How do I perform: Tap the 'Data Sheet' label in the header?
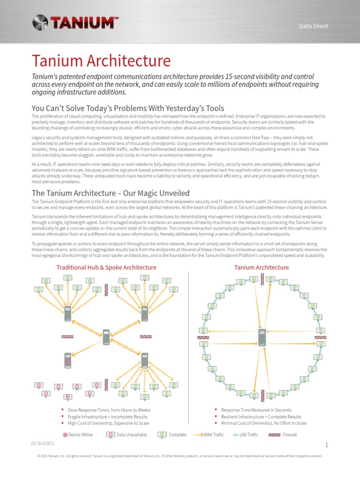[314, 26]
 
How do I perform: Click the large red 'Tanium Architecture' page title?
[101, 60]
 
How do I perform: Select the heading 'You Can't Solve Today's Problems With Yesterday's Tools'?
[128, 108]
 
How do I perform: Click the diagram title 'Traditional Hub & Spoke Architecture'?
[106, 267]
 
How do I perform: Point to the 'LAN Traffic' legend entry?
[246, 435]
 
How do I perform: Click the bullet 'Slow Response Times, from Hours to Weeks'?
[109, 410]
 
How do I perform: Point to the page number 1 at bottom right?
[327, 445]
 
